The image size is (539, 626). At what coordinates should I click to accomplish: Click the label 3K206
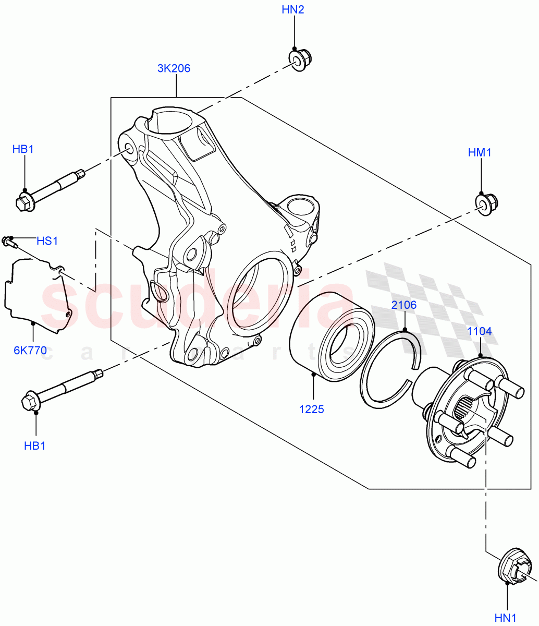[174, 68]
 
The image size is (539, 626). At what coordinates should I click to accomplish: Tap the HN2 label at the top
[293, 10]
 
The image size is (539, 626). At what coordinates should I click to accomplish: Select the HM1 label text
[480, 152]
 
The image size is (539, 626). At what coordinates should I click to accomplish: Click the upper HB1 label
[23, 150]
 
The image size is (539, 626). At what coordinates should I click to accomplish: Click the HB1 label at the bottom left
[35, 446]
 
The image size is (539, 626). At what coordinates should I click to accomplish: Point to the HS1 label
[47, 241]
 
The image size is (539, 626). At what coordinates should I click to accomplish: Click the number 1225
[312, 410]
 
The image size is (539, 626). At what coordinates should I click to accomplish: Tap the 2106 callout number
[404, 305]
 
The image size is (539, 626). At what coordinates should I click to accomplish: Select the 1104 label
[479, 331]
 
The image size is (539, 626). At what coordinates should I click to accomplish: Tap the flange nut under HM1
[486, 203]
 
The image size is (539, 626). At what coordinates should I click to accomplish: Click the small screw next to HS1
[9, 240]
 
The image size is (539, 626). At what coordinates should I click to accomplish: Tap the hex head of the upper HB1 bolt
[24, 203]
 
